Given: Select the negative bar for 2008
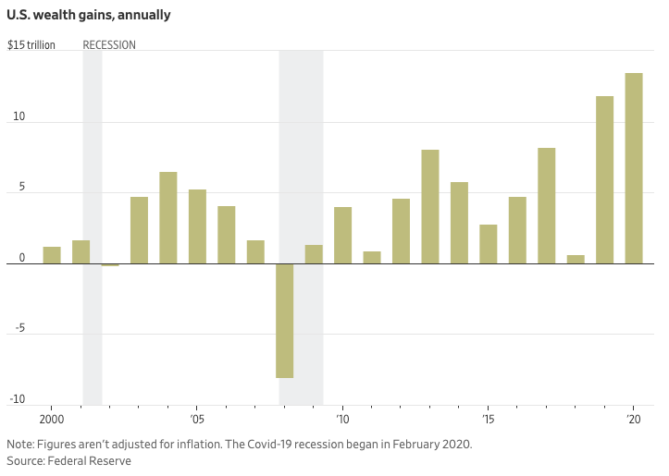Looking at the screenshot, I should click(285, 321).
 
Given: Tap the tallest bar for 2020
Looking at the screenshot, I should click(634, 168).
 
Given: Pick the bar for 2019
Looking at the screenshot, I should click(604, 180).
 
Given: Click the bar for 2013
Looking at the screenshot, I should click(430, 207).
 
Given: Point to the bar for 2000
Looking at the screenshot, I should click(52, 255).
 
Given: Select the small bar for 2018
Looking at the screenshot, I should click(576, 260).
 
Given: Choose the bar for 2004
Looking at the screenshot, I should click(168, 218).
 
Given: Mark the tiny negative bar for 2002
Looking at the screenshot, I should click(110, 265).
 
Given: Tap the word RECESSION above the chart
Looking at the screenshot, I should click(109, 45).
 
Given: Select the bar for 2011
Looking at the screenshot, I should click(372, 258).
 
